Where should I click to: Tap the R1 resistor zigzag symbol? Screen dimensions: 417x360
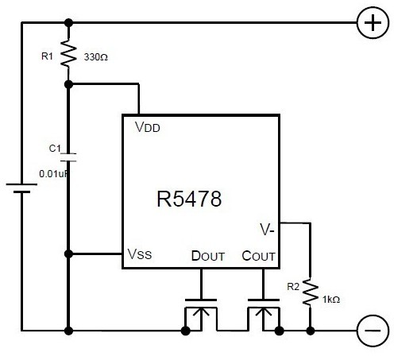click(68, 53)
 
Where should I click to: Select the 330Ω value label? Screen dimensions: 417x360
click(96, 57)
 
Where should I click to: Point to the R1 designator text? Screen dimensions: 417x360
click(47, 56)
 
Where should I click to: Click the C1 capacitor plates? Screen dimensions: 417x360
click(68, 157)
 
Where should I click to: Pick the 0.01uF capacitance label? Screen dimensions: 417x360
click(53, 174)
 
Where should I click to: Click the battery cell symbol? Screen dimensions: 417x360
click(21, 188)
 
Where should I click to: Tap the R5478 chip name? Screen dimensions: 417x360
click(189, 199)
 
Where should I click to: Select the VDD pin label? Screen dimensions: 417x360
click(147, 127)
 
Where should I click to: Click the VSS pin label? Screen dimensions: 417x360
click(140, 254)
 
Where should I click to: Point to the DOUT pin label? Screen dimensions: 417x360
click(208, 256)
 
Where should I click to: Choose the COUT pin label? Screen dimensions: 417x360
click(258, 256)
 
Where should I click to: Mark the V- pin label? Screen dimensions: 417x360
click(267, 230)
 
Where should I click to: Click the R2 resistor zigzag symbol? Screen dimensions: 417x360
click(310, 292)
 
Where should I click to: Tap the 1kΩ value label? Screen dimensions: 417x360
click(331, 300)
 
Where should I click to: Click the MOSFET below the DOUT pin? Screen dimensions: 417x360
click(201, 315)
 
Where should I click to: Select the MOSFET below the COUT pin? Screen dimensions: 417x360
click(264, 315)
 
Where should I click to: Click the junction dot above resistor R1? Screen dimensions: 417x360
click(68, 22)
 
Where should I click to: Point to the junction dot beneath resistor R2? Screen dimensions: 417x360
click(310, 331)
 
